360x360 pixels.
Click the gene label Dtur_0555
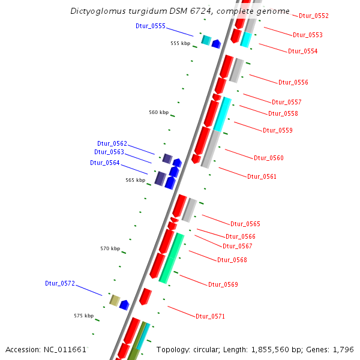[151, 26]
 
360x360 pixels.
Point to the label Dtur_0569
[223, 284]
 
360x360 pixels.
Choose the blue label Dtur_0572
[60, 283]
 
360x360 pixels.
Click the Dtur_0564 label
[105, 163]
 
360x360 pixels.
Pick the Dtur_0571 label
[210, 316]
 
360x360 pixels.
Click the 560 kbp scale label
[159, 113]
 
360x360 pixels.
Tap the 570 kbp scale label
[110, 248]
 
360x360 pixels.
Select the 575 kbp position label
[83, 316]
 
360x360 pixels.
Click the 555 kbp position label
[180, 43]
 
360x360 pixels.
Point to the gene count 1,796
[344, 349]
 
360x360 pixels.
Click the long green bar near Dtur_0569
[172, 258]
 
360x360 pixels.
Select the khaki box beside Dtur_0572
[114, 300]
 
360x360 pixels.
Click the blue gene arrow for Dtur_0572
[124, 305]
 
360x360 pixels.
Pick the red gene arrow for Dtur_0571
[145, 296]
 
